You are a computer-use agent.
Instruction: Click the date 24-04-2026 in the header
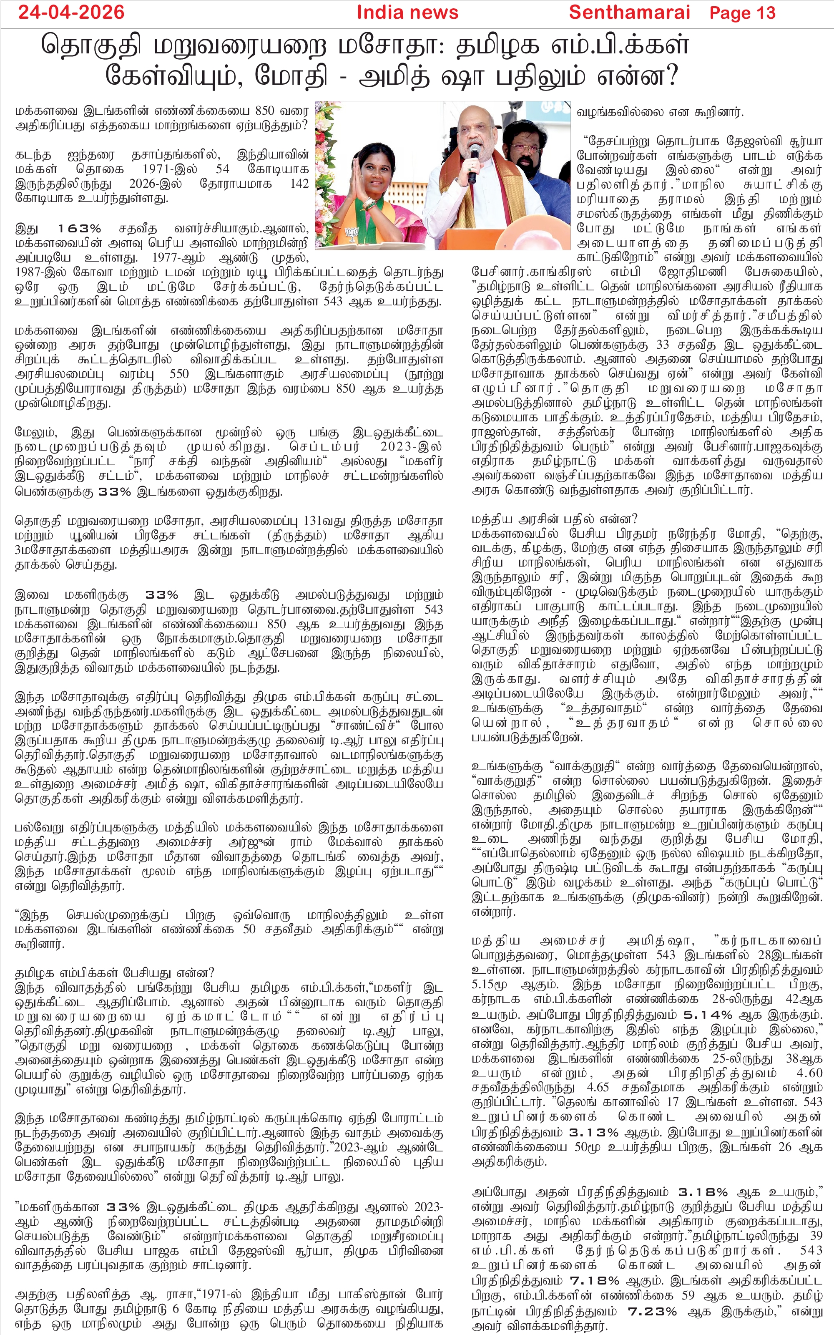(71, 12)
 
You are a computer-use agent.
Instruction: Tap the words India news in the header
(407, 12)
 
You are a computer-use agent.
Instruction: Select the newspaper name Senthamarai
(629, 12)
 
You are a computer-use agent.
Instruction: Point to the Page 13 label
(742, 13)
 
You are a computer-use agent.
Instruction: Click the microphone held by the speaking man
(473, 163)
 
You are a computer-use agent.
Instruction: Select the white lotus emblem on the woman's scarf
(352, 234)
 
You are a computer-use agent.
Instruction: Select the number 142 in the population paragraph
(299, 184)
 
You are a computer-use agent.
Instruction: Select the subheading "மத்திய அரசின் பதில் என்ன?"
(554, 519)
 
